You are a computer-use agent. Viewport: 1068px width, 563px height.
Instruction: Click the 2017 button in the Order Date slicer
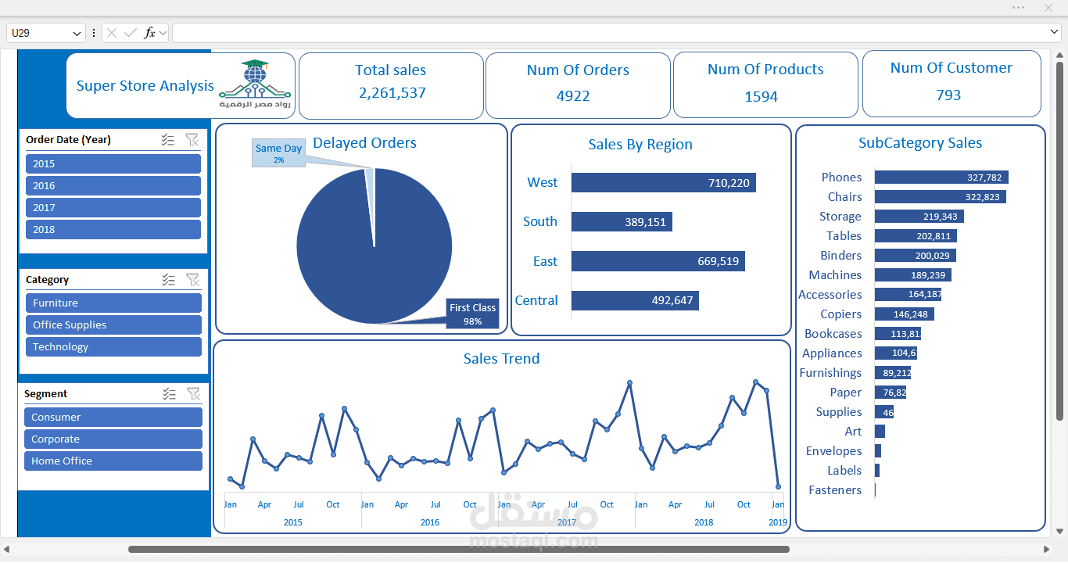point(113,208)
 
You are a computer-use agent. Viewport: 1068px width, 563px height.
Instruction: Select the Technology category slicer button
point(113,347)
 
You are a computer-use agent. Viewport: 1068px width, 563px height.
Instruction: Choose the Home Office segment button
point(113,461)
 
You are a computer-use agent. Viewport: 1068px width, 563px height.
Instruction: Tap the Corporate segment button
point(113,439)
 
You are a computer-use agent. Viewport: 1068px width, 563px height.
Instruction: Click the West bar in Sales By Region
point(663,183)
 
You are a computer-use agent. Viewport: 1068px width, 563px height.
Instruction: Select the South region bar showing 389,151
point(622,222)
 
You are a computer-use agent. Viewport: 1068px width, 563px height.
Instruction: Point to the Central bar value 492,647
point(672,301)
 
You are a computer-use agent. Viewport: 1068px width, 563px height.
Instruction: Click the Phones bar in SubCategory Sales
point(941,178)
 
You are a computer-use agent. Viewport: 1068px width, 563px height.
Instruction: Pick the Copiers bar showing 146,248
point(904,314)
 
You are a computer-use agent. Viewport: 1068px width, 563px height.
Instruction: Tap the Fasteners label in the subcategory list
point(835,490)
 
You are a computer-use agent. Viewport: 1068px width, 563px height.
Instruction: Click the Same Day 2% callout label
point(278,153)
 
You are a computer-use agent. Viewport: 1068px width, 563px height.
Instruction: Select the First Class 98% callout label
point(472,314)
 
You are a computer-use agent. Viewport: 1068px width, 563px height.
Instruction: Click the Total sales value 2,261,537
point(392,93)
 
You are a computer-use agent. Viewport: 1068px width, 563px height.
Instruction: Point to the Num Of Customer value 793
point(948,95)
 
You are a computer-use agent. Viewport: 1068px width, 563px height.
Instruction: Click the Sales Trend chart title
point(501,359)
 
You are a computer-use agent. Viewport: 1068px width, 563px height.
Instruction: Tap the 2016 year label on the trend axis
point(430,522)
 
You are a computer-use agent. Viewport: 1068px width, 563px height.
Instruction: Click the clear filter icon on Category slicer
point(192,280)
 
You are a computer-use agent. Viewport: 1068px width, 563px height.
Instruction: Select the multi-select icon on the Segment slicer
point(169,394)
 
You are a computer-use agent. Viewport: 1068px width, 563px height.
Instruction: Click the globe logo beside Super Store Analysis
point(254,78)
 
